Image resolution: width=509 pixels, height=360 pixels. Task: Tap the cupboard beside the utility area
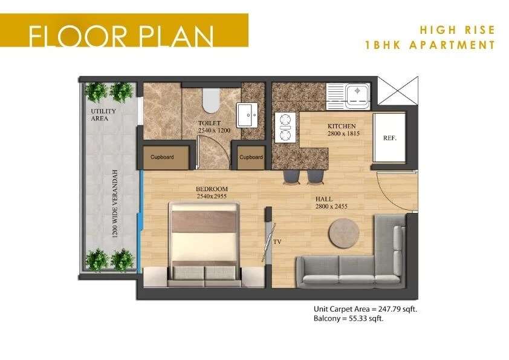(x=162, y=157)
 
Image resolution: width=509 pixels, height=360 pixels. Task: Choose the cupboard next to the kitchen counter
(x=251, y=157)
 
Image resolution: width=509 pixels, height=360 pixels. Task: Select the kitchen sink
(x=357, y=94)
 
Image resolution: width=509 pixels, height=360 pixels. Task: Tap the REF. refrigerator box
(x=389, y=137)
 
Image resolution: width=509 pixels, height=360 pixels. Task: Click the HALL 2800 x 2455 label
(x=331, y=203)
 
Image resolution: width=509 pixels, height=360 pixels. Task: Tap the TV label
(x=278, y=241)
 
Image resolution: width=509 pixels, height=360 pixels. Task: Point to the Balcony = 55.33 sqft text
(x=348, y=318)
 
